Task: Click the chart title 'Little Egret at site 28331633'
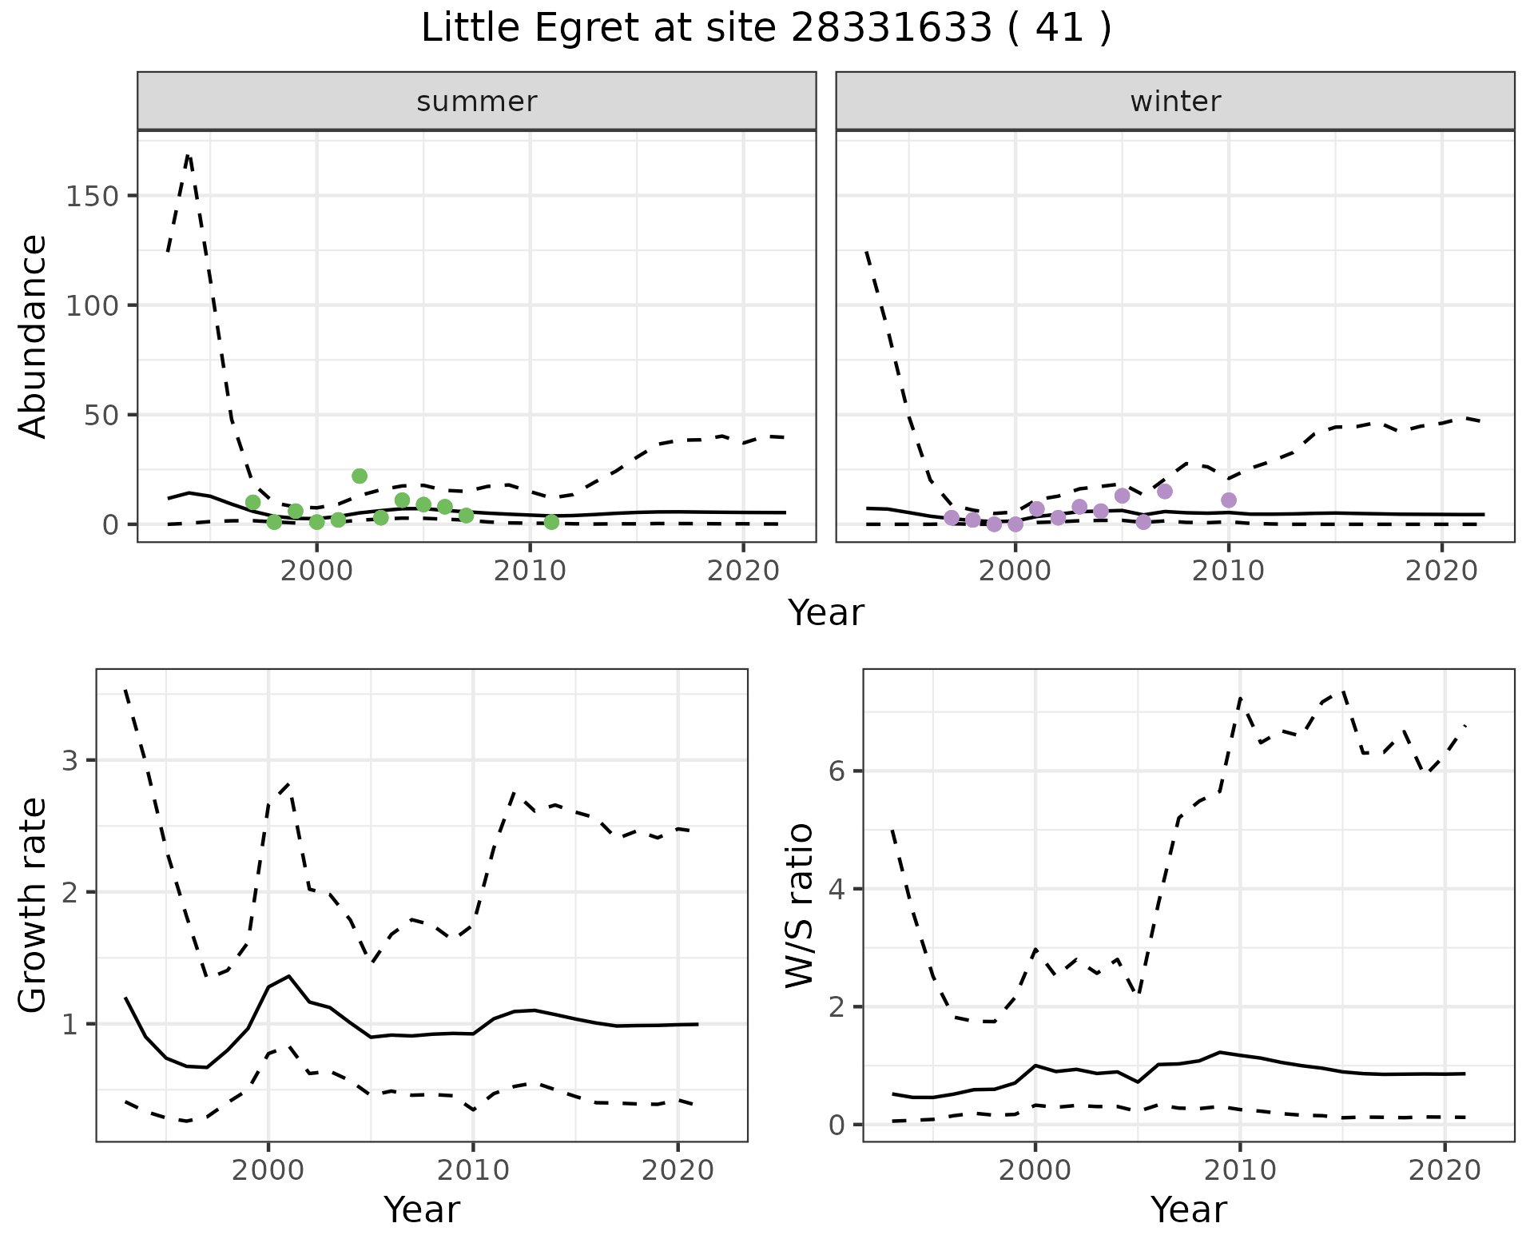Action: click(x=765, y=30)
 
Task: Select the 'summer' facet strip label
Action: click(x=476, y=102)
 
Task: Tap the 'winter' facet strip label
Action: click(x=1174, y=102)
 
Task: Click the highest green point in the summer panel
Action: click(x=360, y=476)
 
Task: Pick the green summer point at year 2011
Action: click(x=551, y=522)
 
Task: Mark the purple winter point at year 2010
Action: click(x=1229, y=500)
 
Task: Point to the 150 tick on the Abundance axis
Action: click(x=91, y=196)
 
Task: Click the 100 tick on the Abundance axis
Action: click(x=91, y=305)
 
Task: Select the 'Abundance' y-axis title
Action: click(x=34, y=336)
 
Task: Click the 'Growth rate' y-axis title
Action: click(x=34, y=905)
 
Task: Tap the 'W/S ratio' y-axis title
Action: click(x=799, y=905)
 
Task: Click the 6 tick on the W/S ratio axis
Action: click(x=837, y=771)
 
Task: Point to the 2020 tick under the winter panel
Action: click(x=1441, y=571)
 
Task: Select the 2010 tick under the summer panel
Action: click(x=530, y=571)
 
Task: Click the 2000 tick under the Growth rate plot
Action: click(x=268, y=1170)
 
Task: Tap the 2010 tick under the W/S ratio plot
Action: click(x=1239, y=1170)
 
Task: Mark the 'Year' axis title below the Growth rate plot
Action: click(x=422, y=1210)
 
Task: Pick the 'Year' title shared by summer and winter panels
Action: click(x=826, y=613)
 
